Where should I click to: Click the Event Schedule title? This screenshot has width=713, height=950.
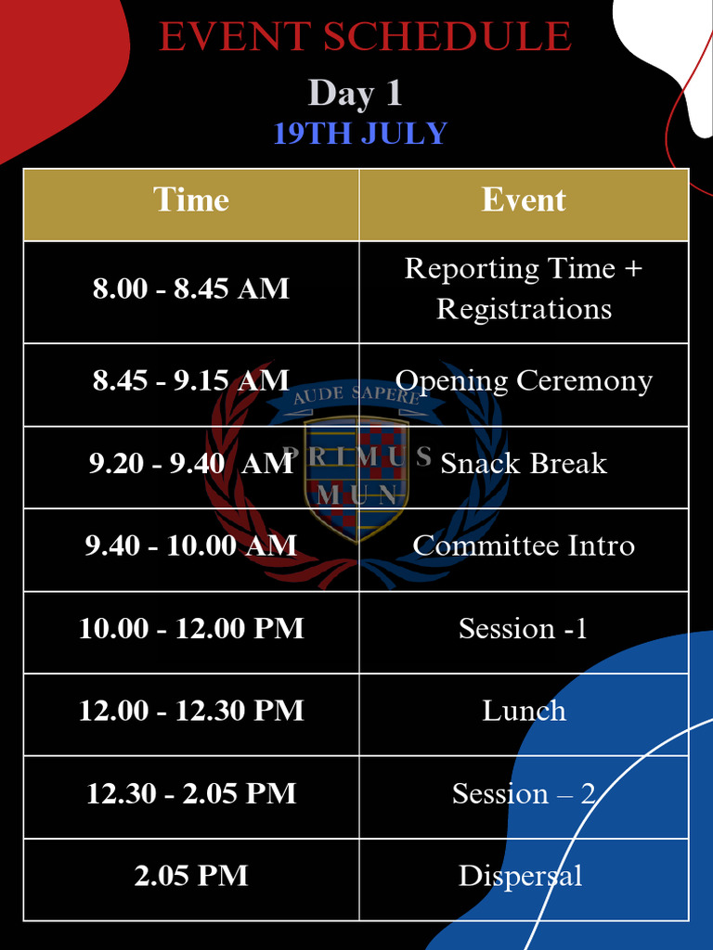(365, 37)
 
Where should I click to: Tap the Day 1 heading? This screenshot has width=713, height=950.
(355, 94)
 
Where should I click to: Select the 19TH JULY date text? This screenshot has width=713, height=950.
(360, 134)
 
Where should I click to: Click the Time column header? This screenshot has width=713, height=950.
(191, 200)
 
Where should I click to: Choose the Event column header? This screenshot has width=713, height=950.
(524, 200)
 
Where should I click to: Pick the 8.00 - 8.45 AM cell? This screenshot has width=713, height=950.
(191, 289)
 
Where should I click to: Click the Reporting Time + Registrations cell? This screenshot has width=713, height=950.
(524, 289)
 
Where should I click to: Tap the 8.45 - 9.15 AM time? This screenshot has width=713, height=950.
(191, 380)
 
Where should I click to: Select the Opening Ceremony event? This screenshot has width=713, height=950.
(524, 380)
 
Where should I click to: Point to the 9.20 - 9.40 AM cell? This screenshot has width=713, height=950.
(191, 463)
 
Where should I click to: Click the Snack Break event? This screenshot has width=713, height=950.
(524, 463)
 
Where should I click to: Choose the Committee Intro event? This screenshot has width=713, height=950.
(524, 546)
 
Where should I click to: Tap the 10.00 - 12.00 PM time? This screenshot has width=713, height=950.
(191, 628)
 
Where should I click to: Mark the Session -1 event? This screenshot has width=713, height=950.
(524, 628)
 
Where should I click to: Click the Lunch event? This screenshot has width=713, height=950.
(524, 711)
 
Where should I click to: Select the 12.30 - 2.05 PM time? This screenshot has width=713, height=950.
(191, 793)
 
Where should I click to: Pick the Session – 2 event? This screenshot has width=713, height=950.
(524, 793)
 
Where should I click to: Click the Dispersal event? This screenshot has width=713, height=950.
(520, 876)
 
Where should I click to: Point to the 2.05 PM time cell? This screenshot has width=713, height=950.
(191, 876)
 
